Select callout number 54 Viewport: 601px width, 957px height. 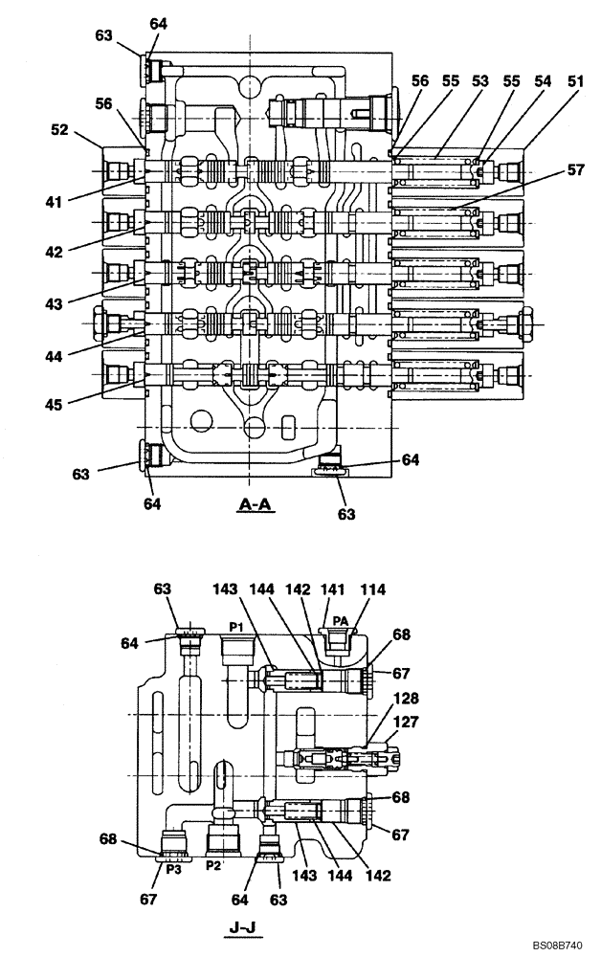pos(543,82)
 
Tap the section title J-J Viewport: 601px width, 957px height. pos(242,926)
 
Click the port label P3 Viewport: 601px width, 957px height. pos(173,869)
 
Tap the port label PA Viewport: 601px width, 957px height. pos(340,620)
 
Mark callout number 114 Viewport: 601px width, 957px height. pos(374,590)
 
